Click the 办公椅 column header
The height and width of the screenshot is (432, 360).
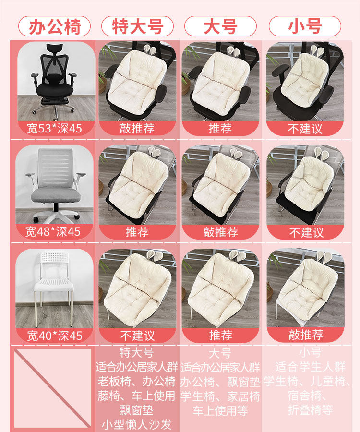(x=55, y=26)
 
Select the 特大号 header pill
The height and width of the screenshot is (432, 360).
(x=137, y=26)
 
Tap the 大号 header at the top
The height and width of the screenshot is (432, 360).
(x=220, y=26)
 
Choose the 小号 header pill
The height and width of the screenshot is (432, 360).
(x=305, y=26)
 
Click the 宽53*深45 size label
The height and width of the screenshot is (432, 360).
(x=55, y=128)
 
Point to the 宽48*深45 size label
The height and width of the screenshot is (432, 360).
(x=53, y=232)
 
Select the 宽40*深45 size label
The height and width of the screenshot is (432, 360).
(x=55, y=336)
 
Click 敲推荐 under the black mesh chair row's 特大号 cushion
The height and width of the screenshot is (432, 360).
(x=137, y=128)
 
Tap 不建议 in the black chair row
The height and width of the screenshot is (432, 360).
(x=305, y=129)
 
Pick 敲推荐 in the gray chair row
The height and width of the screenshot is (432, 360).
(x=220, y=232)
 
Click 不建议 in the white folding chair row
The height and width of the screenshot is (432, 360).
(x=137, y=336)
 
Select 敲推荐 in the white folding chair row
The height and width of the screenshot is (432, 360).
(x=306, y=335)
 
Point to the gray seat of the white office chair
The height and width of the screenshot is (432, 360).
(x=55, y=194)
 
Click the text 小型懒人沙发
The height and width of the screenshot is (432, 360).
(x=137, y=424)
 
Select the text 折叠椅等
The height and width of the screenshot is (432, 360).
(x=311, y=410)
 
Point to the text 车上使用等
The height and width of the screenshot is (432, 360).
(x=220, y=411)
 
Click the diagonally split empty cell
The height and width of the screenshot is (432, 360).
(x=53, y=388)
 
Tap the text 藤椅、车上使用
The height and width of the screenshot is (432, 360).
(x=136, y=396)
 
